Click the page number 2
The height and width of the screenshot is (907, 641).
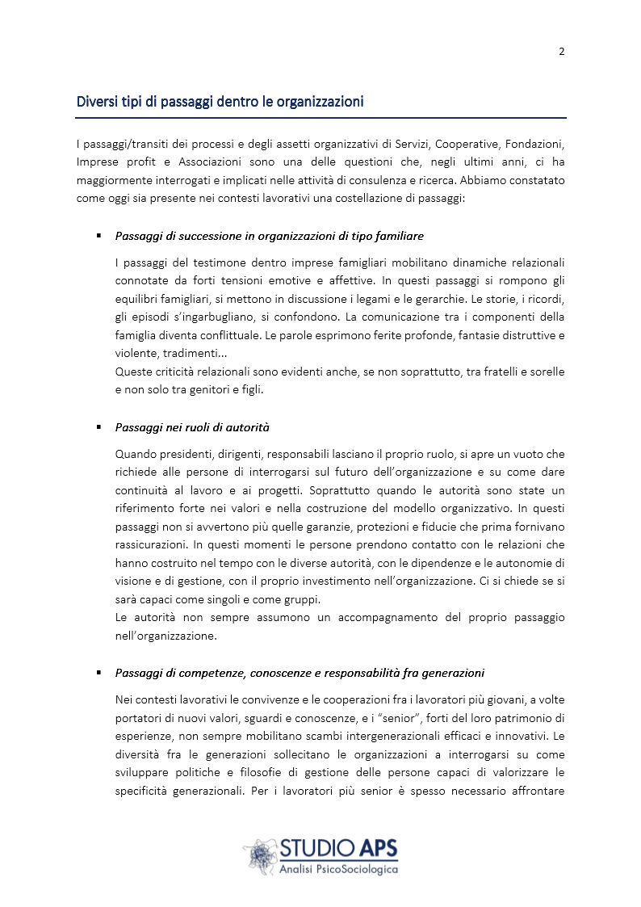[561, 52]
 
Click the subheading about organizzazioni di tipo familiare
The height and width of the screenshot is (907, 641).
[269, 236]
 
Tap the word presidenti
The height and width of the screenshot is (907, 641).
[180, 454]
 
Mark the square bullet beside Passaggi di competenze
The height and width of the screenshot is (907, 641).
[98, 671]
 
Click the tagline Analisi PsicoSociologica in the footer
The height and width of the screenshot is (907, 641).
[338, 870]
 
